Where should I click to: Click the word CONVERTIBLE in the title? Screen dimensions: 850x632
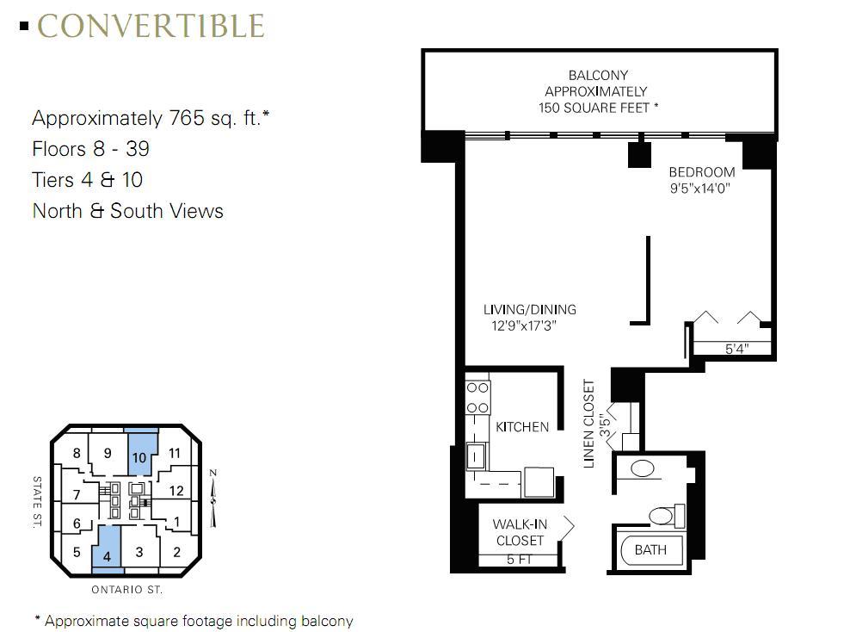(x=151, y=26)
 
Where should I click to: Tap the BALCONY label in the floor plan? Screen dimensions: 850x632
(x=598, y=75)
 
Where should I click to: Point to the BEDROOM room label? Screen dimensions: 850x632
(x=701, y=172)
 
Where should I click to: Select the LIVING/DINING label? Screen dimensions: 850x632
(x=530, y=310)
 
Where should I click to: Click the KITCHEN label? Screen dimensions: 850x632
(x=522, y=427)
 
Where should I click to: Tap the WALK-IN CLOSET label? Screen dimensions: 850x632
(x=520, y=532)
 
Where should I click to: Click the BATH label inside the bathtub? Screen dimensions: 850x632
(x=650, y=550)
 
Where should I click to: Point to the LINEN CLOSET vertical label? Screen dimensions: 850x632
(x=588, y=424)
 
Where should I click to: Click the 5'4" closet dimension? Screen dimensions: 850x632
(x=736, y=349)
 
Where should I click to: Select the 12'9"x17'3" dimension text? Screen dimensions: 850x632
(x=524, y=325)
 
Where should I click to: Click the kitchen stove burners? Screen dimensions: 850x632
(x=477, y=398)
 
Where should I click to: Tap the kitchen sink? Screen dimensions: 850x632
(x=477, y=455)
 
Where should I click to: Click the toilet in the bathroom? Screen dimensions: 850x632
(x=667, y=516)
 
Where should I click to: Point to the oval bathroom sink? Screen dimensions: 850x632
(x=643, y=468)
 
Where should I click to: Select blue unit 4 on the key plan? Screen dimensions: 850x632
(x=107, y=549)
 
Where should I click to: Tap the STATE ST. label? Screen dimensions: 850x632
(x=37, y=502)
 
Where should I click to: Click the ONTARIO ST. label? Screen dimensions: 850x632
(x=126, y=590)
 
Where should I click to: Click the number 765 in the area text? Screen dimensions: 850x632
(x=187, y=118)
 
